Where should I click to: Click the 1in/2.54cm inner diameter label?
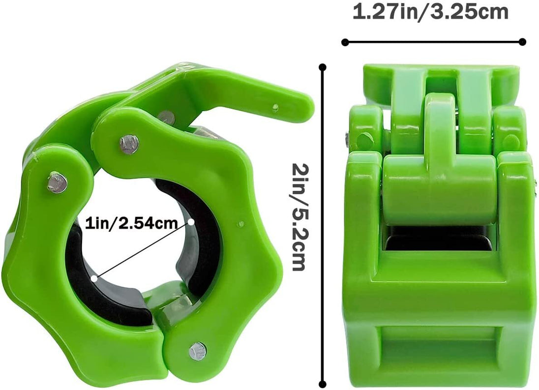(132, 224)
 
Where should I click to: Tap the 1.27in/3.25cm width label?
(430, 12)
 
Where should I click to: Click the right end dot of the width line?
(522, 42)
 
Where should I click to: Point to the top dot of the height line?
(323, 68)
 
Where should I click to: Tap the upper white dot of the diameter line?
(191, 222)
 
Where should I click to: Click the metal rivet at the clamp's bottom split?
(198, 351)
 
